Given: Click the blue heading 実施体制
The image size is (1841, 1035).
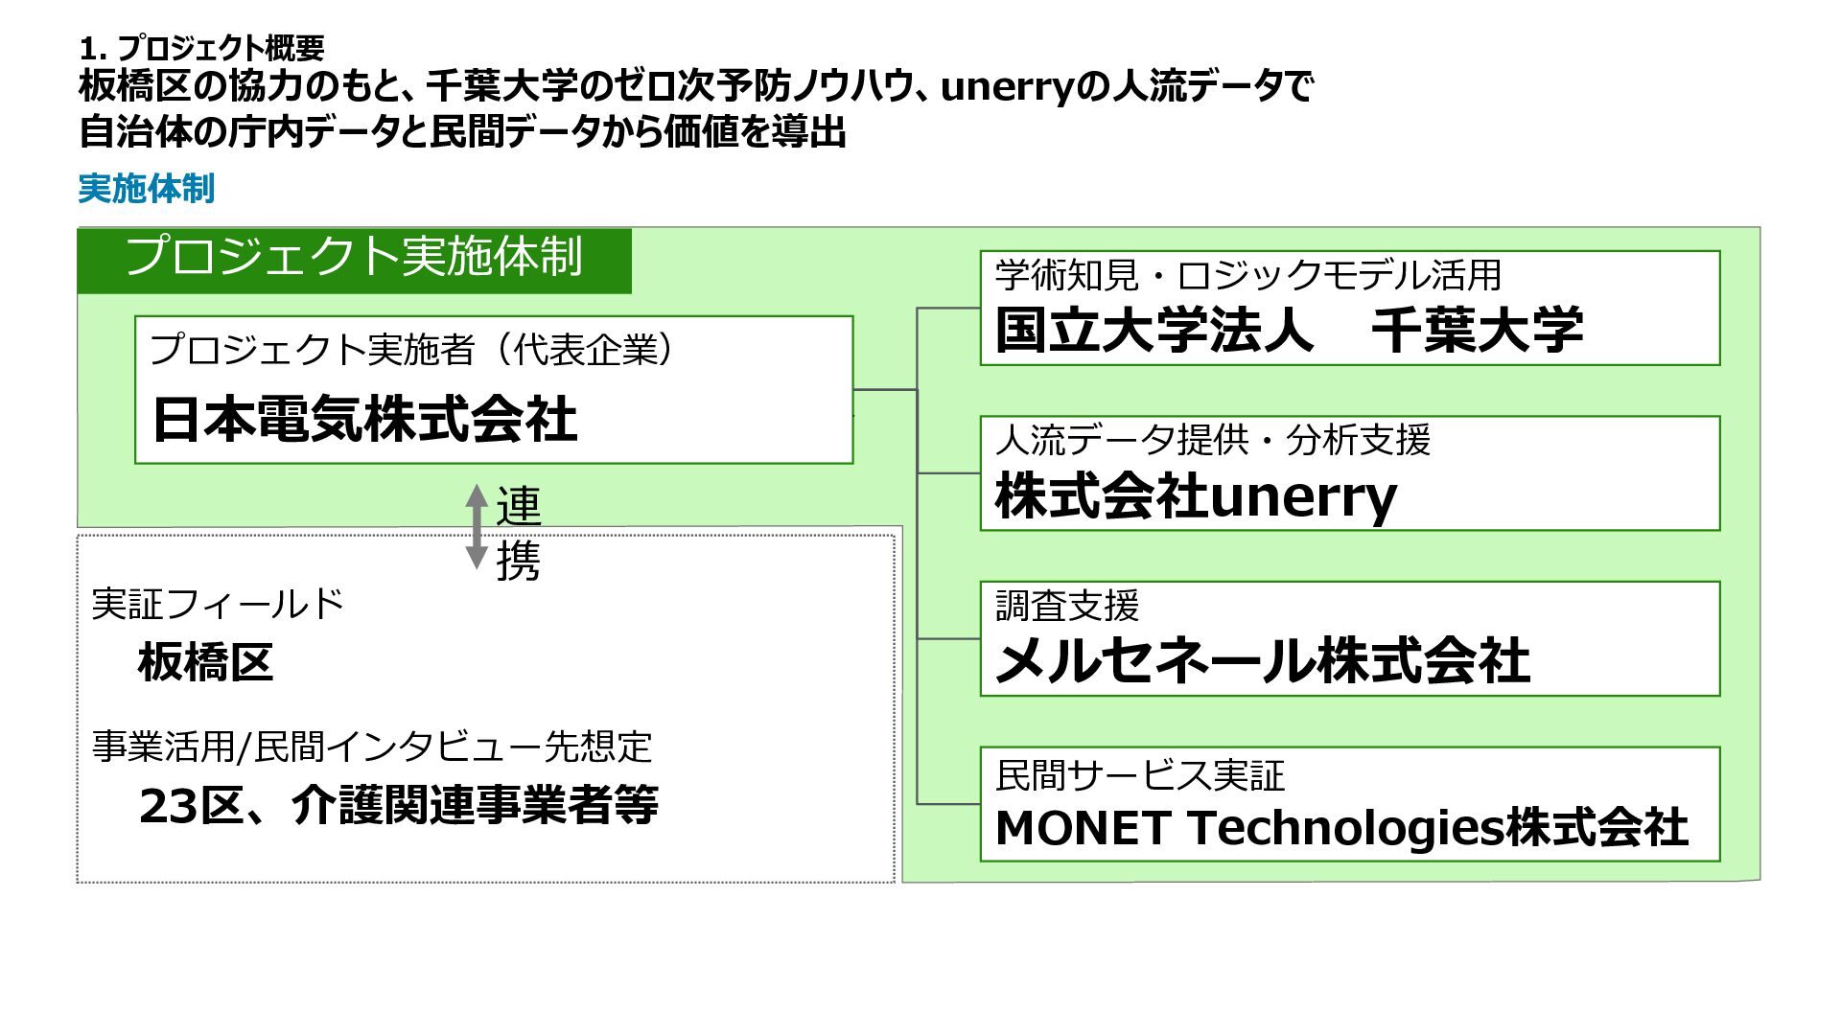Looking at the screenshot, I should coord(146,189).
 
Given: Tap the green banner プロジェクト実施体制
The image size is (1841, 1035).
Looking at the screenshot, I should coord(354,257).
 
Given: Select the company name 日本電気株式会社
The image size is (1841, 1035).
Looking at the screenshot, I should coord(364,420).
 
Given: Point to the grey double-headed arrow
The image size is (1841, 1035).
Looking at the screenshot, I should coord(477,527).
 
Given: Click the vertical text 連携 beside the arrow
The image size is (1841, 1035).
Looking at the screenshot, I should coord(518,533).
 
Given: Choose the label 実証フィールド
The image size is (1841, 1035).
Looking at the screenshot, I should coord(218,604).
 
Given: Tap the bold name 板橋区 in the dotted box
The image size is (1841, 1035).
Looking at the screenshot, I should coord(205,662).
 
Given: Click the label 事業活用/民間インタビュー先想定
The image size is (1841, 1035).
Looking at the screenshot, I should coord(372,747).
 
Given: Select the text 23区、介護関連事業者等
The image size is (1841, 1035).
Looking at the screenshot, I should coord(399,805).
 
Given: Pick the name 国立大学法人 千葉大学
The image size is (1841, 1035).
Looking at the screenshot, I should coord(1289,330).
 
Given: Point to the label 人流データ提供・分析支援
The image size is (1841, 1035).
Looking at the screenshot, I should coord(1213,441).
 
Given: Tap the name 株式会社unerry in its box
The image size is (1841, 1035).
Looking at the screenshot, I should coord(1196,497).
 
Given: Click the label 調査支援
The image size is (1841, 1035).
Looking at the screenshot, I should coord(1067,606).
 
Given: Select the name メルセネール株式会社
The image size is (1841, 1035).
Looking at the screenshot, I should coord(1262,662).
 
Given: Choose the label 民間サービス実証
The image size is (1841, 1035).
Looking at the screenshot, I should coord(1140,775).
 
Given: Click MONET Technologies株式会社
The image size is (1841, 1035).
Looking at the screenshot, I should coord(1341,828).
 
